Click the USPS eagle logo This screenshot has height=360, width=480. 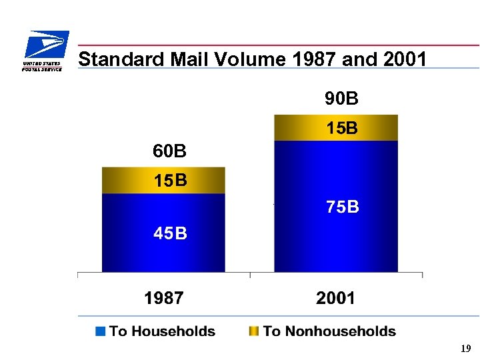[x=44, y=51]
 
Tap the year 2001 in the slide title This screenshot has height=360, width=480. [x=405, y=59]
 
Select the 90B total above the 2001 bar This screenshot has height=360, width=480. [x=341, y=99]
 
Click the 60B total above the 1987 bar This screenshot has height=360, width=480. [x=169, y=152]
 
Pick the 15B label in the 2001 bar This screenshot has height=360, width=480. [x=341, y=128]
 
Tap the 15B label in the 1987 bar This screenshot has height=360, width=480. [x=170, y=181]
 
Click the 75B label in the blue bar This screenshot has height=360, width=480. [x=343, y=207]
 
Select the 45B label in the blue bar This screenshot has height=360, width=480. [x=170, y=233]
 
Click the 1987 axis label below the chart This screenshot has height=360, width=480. [x=164, y=298]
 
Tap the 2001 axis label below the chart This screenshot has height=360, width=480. [x=336, y=298]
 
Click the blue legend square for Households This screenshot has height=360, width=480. [x=101, y=331]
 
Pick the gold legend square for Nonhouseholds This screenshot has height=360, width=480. [x=253, y=331]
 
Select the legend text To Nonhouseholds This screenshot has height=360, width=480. [x=329, y=331]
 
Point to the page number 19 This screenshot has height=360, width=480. [x=466, y=349]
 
